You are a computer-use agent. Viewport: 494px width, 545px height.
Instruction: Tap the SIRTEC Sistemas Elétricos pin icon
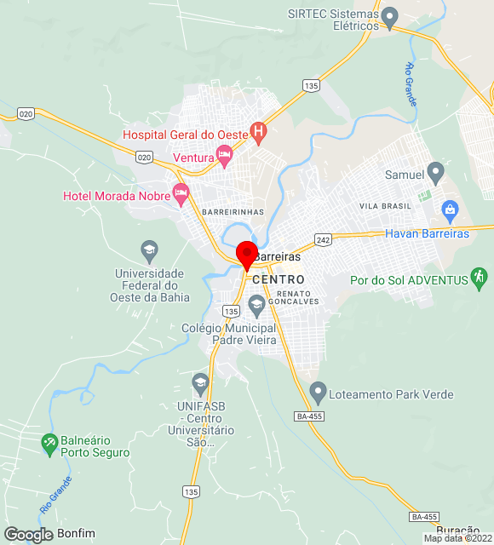pos(390,15)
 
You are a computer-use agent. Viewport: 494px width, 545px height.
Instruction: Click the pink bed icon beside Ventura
pos(224,155)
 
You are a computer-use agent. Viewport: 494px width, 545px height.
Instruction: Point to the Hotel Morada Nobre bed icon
pos(181,194)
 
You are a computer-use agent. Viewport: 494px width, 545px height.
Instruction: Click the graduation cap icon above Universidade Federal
pos(150,250)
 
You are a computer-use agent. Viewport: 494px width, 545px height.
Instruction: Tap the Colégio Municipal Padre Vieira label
pos(229,334)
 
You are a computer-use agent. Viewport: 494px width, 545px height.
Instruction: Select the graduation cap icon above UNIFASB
pos(200,382)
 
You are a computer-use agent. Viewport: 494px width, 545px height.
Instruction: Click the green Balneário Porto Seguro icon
pos(49,443)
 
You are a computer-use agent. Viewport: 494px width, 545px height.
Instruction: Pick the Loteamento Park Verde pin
pos(318,393)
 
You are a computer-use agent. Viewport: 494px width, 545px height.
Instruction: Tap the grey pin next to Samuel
pos(435,173)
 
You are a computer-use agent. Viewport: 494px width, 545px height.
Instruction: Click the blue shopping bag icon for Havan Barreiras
pos(450,209)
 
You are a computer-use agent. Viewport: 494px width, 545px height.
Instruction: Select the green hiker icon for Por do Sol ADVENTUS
pos(480,277)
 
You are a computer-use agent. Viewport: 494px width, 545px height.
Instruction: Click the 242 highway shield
pos(322,239)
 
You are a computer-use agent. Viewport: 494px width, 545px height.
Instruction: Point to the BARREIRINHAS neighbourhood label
pos(233,211)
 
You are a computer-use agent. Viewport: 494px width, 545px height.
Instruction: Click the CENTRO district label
pos(279,279)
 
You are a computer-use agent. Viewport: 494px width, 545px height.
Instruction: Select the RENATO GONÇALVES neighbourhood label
pos(295,297)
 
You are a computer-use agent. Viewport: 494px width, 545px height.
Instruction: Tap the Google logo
pos(27,534)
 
